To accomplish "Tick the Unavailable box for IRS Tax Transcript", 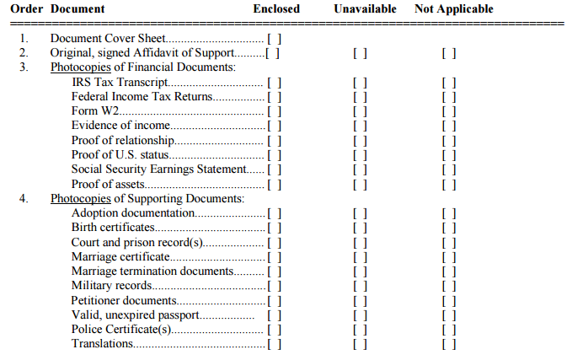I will click(360, 83).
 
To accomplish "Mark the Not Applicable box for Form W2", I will click(449, 111).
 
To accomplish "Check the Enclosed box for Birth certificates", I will click(274, 228).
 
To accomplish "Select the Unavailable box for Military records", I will click(360, 286).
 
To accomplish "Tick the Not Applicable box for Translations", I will click(449, 344).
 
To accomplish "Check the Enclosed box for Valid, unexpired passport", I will click(274, 315).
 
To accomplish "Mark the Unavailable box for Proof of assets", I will click(360, 184).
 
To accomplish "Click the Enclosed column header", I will click(276, 9).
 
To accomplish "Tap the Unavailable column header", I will click(366, 9).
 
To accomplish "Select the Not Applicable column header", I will click(454, 9).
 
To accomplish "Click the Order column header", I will click(26, 9).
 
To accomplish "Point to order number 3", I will click(24, 67).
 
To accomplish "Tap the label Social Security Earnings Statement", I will click(159, 169).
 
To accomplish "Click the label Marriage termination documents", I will click(152, 271).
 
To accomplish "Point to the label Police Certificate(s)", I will click(121, 330).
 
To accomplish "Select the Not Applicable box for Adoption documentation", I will click(449, 213).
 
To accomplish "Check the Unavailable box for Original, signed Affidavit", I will click(360, 53).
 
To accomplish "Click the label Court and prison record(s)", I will click(137, 242).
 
